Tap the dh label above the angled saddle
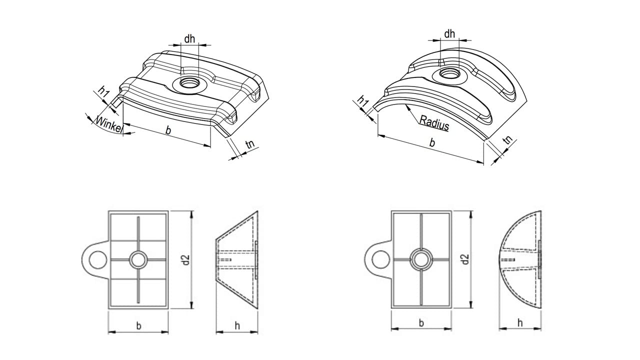[x=189, y=39]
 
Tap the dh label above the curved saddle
[x=449, y=33]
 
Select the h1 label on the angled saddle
[x=103, y=91]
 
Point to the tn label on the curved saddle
[x=508, y=139]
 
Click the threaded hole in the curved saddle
[x=449, y=73]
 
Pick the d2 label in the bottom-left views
[x=186, y=259]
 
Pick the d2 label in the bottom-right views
[x=465, y=259]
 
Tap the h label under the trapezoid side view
[x=237, y=325]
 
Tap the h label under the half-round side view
[x=520, y=323]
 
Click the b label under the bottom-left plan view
[x=138, y=325]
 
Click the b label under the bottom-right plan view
[x=421, y=323]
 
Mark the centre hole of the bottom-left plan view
[x=138, y=259]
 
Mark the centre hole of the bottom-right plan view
[x=421, y=259]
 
